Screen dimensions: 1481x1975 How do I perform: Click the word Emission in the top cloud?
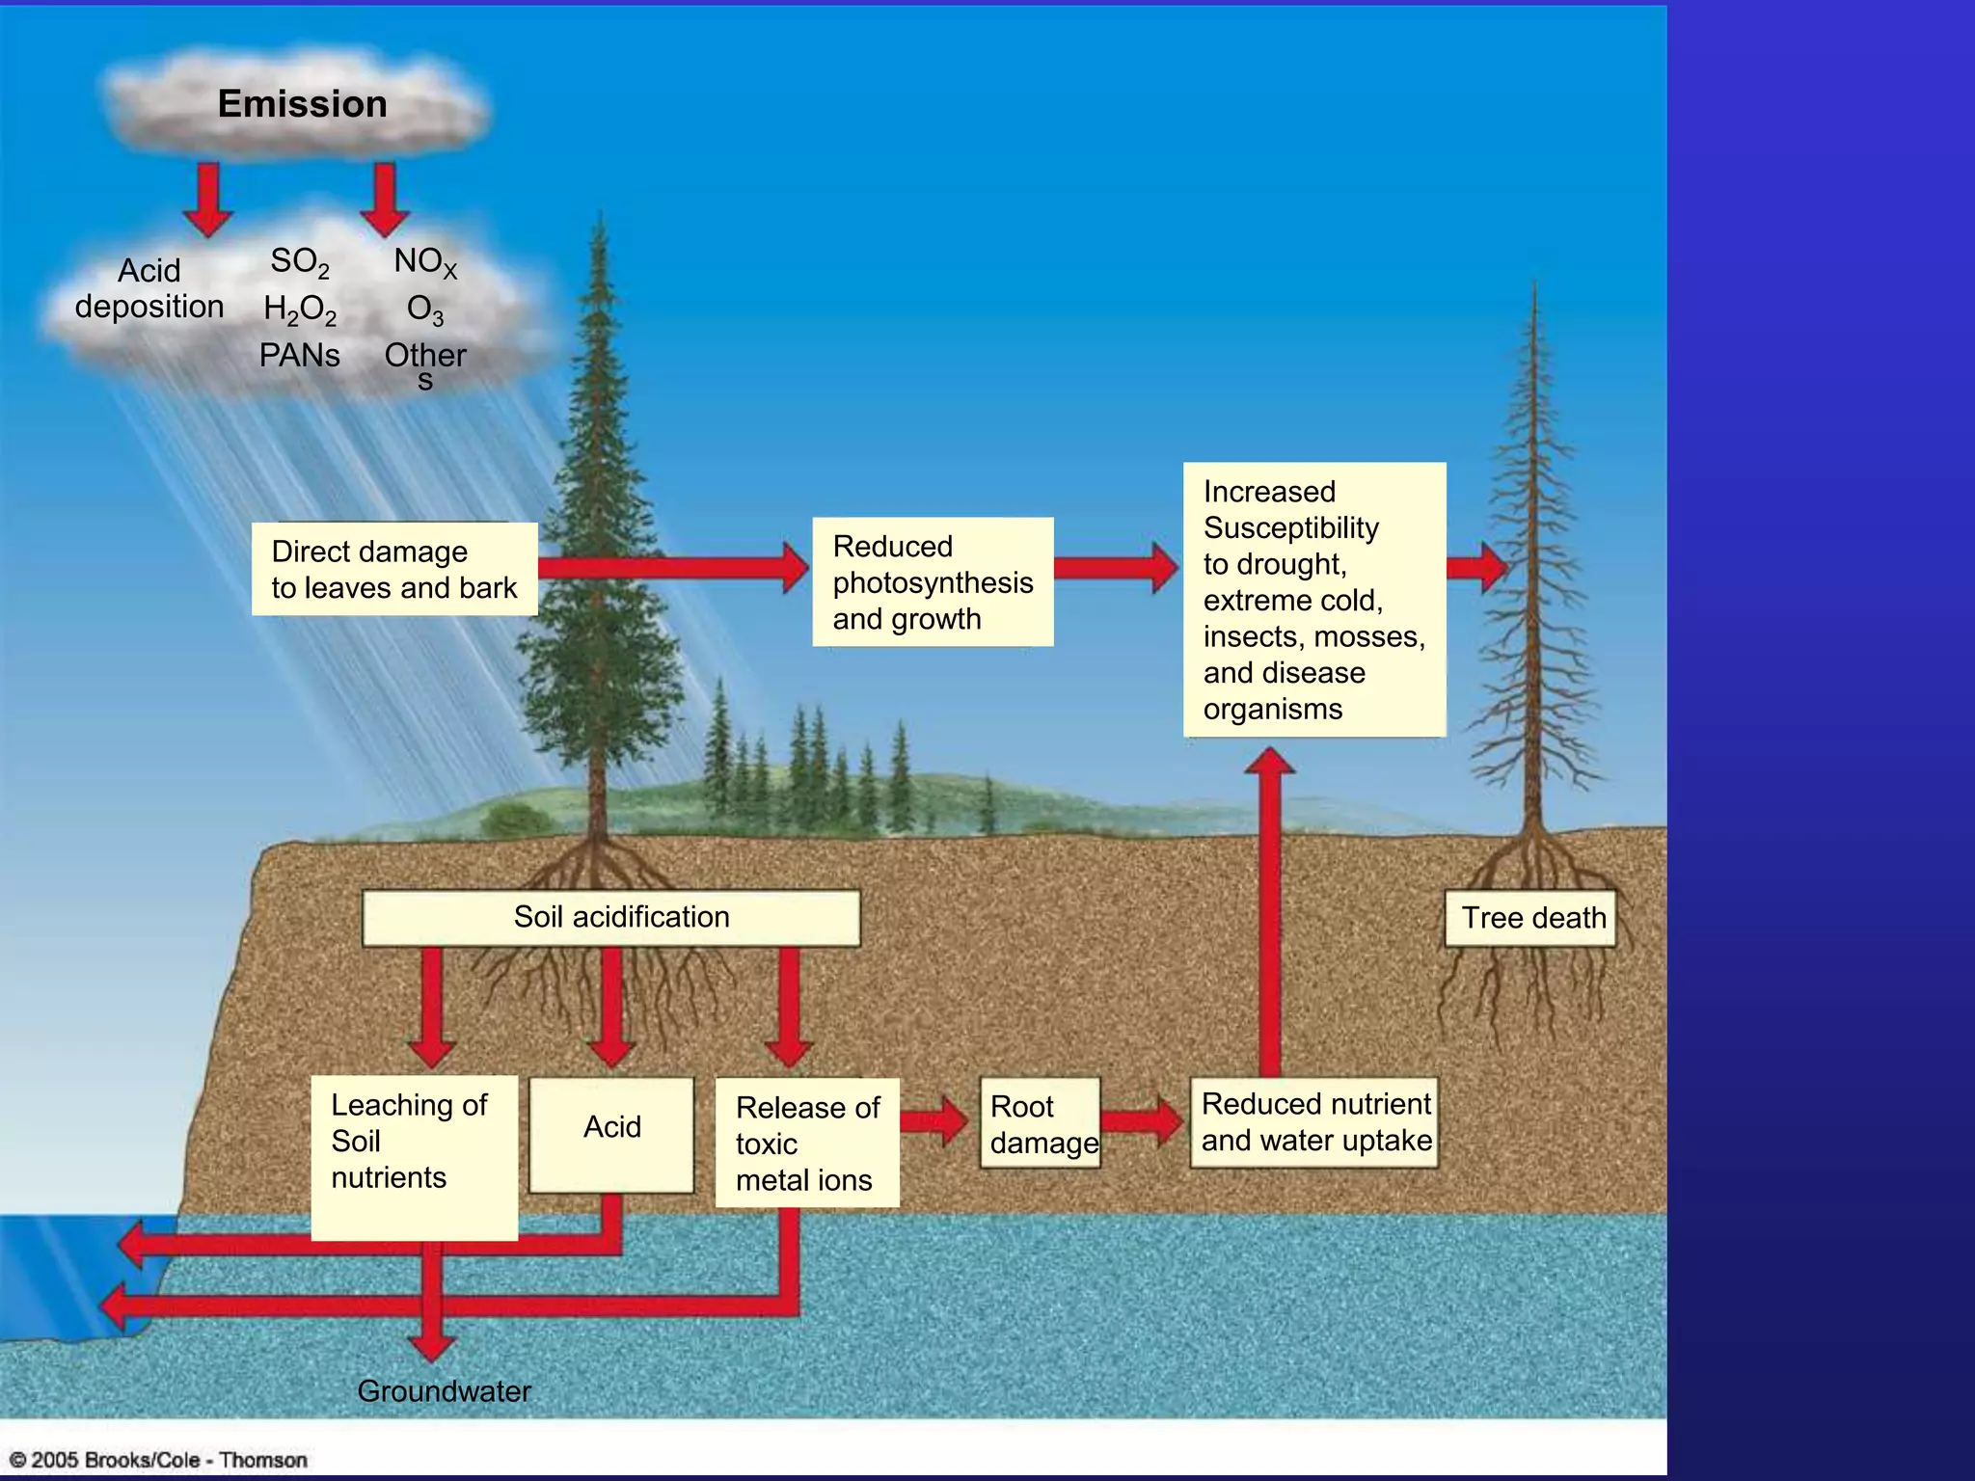point(302,104)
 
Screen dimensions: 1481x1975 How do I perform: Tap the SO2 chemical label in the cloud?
point(299,261)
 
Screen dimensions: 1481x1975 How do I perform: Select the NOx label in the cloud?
point(424,261)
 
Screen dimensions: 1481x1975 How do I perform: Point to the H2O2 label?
point(300,310)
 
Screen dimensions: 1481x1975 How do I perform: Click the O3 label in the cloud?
point(424,310)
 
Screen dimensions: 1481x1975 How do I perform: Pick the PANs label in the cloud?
point(299,356)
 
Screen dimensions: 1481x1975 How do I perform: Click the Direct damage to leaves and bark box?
point(394,569)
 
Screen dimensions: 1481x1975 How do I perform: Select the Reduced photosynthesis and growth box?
point(933,582)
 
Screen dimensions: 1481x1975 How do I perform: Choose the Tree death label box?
point(1531,918)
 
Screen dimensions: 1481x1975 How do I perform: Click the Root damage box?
point(1041,1124)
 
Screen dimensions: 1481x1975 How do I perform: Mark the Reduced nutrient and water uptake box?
point(1314,1122)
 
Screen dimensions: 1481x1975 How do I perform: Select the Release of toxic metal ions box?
point(807,1144)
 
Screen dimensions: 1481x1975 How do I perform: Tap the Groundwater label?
point(444,1391)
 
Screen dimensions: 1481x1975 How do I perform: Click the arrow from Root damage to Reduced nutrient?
point(1144,1121)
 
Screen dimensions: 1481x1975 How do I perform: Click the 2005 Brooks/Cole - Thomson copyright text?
point(159,1460)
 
